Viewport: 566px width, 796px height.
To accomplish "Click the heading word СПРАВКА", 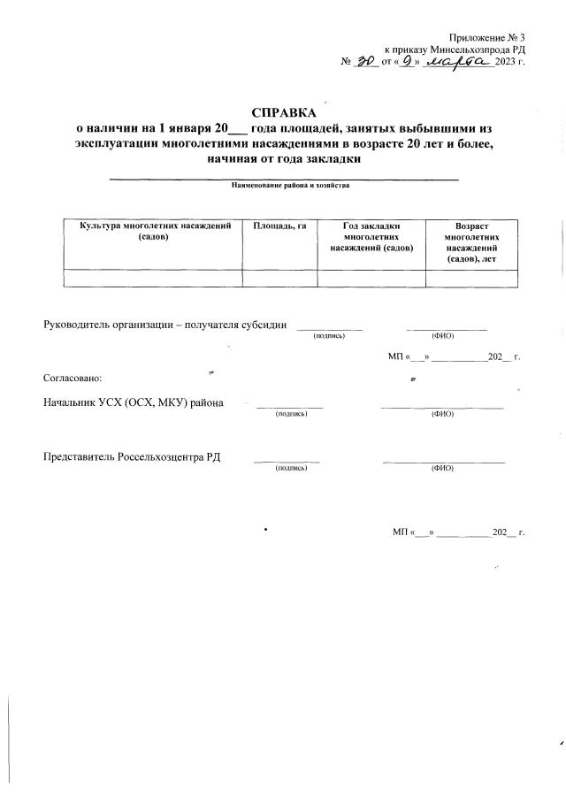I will point(283,113).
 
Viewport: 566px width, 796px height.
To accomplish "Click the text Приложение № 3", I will point(486,36).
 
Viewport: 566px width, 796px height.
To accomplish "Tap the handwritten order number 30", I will point(364,62).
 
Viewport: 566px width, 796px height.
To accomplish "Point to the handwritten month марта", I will point(460,62).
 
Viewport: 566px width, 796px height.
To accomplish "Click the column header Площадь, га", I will point(279,226).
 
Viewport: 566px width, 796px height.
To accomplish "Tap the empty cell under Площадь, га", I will point(279,278).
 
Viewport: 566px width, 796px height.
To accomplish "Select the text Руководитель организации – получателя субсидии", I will point(164,325).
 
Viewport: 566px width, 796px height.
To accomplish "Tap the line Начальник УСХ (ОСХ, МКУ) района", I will point(133,402).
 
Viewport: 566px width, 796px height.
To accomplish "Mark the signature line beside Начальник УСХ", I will point(289,407).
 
